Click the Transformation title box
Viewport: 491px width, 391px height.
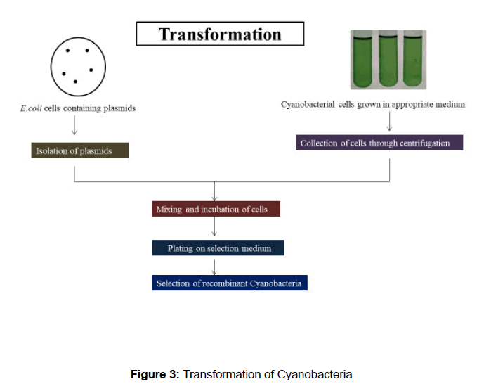[x=220, y=34]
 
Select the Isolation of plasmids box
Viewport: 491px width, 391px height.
[x=80, y=150]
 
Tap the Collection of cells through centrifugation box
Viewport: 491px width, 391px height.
[x=380, y=143]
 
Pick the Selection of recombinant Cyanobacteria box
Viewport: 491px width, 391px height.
[x=230, y=283]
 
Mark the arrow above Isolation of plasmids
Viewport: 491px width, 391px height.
[x=75, y=127]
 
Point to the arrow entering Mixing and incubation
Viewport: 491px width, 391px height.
[x=215, y=192]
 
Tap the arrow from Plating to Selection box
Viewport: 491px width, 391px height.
[x=215, y=266]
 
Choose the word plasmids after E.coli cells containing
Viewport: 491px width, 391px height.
[x=120, y=108]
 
